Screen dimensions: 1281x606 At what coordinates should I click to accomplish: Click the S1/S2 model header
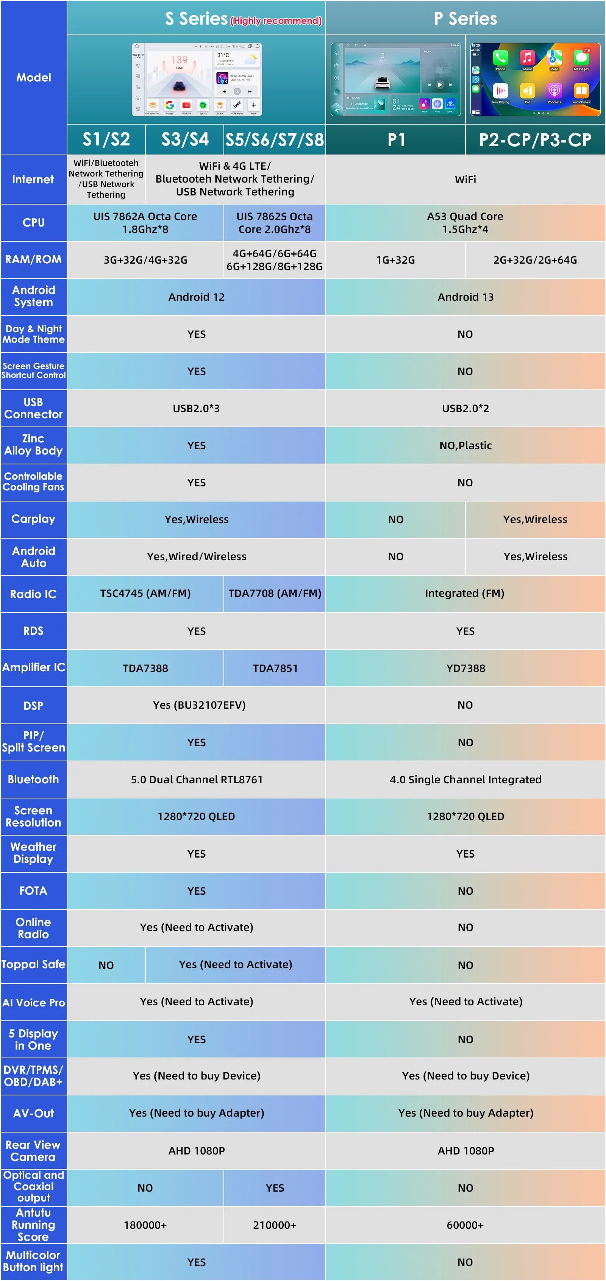click(x=106, y=140)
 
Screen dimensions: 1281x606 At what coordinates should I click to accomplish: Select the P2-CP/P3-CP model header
click(x=535, y=140)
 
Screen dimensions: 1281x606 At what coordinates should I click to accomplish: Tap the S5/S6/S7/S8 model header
click(x=275, y=140)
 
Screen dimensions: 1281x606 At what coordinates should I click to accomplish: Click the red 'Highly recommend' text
click(x=276, y=21)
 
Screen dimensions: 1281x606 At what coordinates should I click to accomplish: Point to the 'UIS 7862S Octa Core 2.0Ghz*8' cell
click(x=275, y=223)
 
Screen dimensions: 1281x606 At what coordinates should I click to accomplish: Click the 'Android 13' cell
click(x=465, y=297)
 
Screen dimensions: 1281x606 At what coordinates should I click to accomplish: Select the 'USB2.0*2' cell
click(x=465, y=408)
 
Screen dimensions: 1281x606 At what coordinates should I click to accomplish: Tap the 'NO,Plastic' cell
click(x=465, y=445)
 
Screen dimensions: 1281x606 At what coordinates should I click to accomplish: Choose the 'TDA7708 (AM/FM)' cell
click(x=275, y=593)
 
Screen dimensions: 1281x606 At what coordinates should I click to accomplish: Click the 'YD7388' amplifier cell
click(x=465, y=668)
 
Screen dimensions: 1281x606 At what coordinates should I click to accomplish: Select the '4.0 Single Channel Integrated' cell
click(x=465, y=779)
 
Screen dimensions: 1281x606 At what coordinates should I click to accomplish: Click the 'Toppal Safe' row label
click(x=33, y=964)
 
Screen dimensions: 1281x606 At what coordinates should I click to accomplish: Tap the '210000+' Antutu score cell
click(x=275, y=1225)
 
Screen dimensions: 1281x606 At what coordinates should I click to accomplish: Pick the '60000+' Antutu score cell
click(x=465, y=1225)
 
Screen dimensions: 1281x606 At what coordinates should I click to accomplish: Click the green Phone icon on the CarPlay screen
click(x=500, y=58)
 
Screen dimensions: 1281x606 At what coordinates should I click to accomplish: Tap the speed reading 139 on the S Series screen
click(x=179, y=60)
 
